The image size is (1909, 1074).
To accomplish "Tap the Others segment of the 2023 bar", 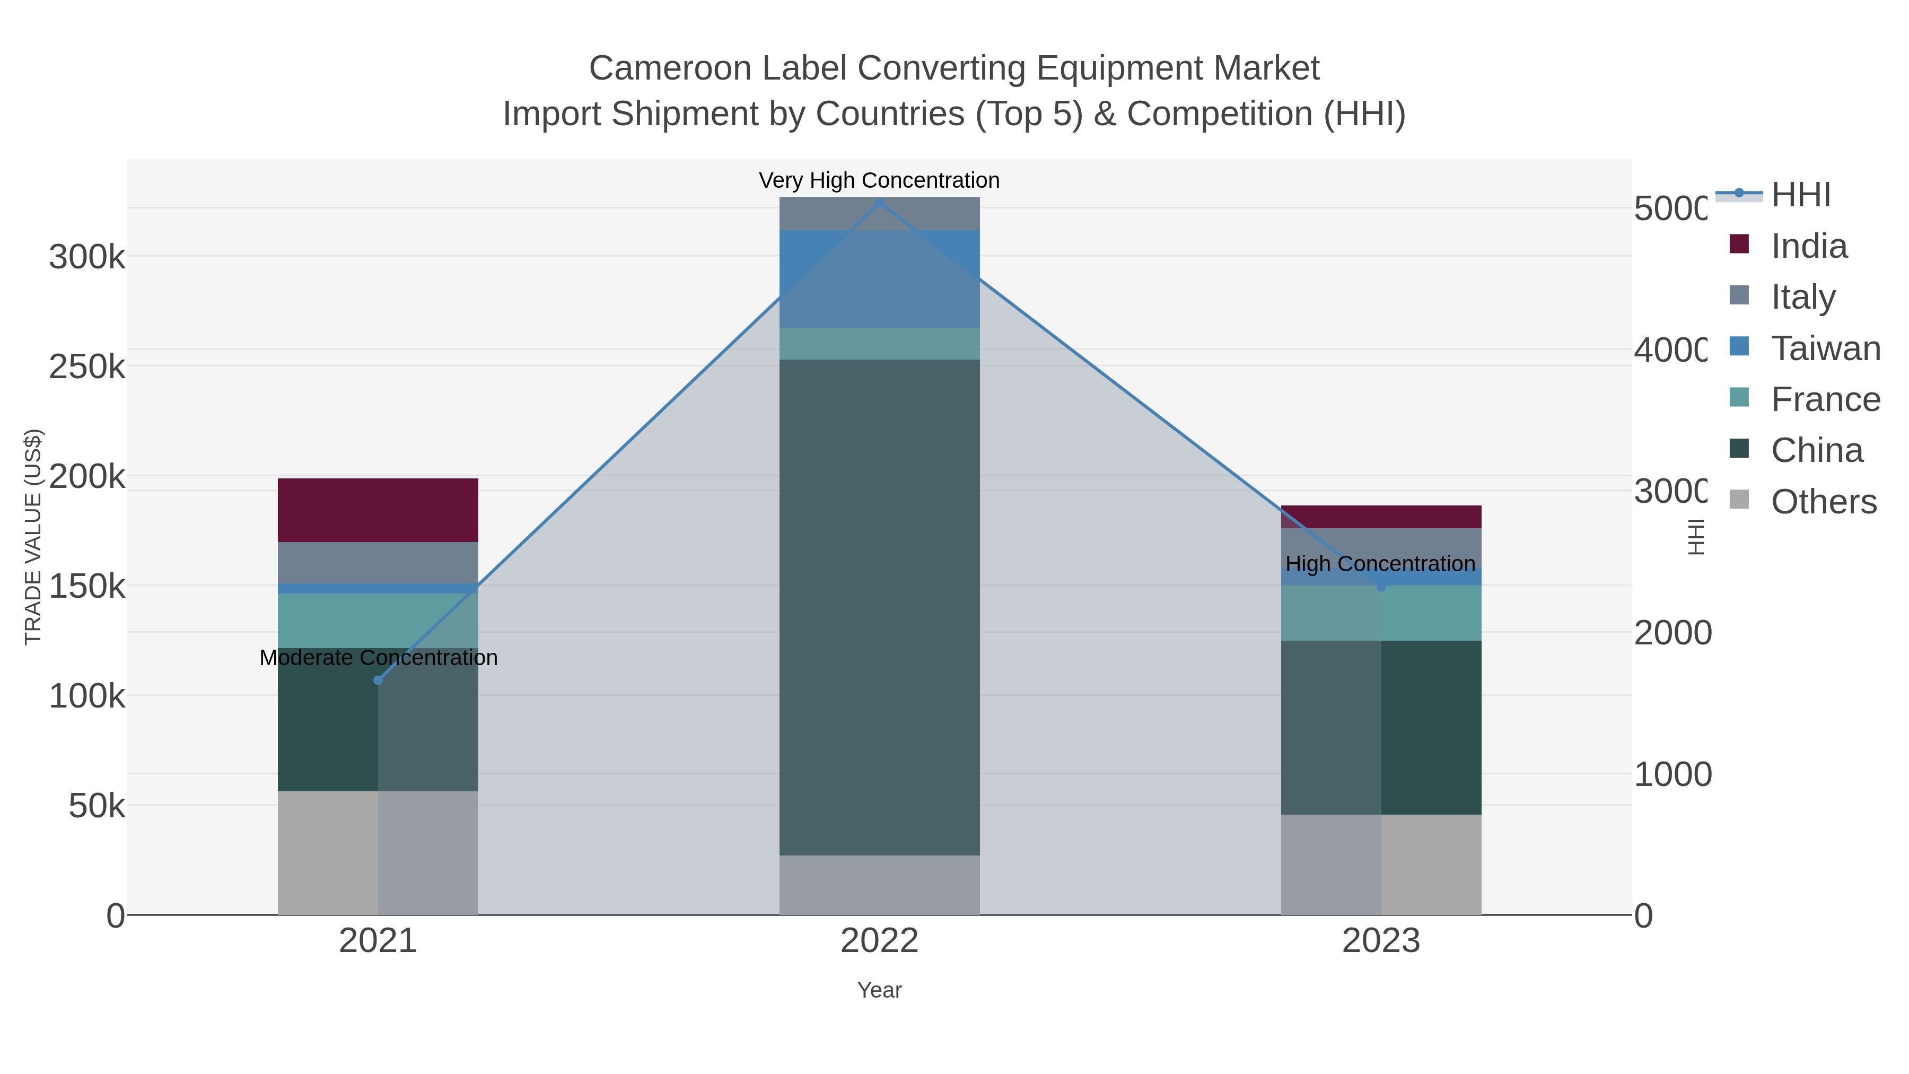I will pos(1381,865).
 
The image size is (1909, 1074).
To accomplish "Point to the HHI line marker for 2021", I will pos(378,680).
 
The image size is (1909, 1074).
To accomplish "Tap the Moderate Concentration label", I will pos(378,658).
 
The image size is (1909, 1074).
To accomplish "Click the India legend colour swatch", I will pos(1739,245).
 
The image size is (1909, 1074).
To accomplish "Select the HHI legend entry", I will pos(1800,195).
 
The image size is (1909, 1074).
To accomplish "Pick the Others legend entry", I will pos(1823,502).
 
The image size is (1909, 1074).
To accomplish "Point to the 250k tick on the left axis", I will pos(87,366).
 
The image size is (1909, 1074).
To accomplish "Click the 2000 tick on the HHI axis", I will pos(1672,632).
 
